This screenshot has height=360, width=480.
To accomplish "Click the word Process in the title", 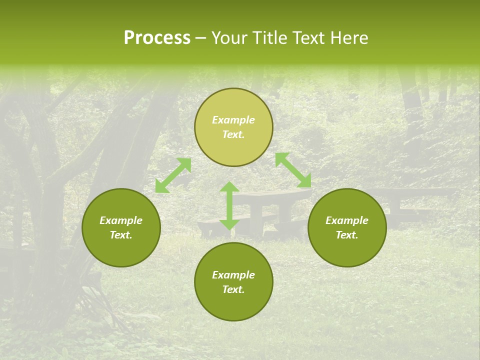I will coord(157,38).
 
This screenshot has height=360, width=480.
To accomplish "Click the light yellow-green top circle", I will coord(233,127).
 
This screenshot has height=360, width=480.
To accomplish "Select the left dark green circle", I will coord(121,227).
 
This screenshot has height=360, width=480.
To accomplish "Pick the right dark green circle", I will coord(347,227).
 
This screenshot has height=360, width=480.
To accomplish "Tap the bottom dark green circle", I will coord(233,281).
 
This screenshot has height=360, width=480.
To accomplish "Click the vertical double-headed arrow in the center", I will coord(229,206).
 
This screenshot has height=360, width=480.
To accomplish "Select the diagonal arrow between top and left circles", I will coord(173,175).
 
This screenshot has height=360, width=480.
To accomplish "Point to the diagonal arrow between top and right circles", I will coord(293,170).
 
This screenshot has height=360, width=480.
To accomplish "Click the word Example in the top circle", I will coord(233,120).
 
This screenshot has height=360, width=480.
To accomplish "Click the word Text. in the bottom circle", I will coord(233,289).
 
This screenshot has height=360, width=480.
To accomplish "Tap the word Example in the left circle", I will coord(121,220).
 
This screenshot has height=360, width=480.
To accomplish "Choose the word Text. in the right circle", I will coord(347,235).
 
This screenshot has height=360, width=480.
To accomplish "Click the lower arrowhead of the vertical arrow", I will coord(229,224).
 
